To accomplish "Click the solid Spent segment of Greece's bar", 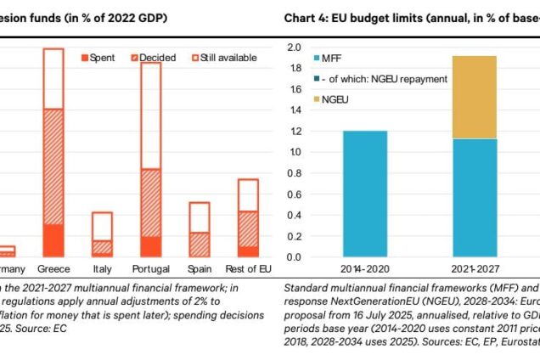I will click(53, 240).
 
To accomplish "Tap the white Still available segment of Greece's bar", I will click(53, 78).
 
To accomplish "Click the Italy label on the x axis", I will click(102, 269).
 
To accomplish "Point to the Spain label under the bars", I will click(199, 269).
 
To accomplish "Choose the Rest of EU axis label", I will click(247, 269).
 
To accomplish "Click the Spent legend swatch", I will click(84, 58).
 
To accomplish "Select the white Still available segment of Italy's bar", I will click(102, 226).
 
